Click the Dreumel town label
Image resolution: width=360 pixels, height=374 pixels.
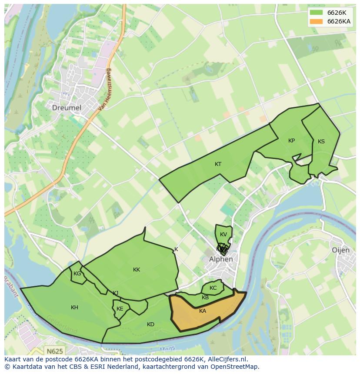click(67, 107)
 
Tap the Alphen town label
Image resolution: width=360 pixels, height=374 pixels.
click(221, 259)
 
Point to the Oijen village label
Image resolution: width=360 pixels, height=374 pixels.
click(340, 250)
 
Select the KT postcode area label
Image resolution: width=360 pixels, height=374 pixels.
click(218, 164)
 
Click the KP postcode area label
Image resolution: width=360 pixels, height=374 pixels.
click(291, 141)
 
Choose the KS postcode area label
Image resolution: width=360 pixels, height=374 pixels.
click(321, 142)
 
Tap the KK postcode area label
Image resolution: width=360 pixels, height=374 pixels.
click(137, 270)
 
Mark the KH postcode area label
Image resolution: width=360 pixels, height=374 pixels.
click(74, 308)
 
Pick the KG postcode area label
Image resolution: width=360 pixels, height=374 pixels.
click(77, 274)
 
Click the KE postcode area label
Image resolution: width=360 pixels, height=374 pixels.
click(120, 309)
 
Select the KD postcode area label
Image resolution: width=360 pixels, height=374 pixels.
click(150, 324)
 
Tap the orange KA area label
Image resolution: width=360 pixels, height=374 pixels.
click(203, 311)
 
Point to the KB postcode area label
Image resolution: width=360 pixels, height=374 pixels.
click(205, 298)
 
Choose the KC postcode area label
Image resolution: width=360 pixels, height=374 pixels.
click(213, 288)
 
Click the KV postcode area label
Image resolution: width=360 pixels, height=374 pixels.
click(223, 235)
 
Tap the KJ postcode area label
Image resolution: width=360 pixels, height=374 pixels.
click(115, 293)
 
